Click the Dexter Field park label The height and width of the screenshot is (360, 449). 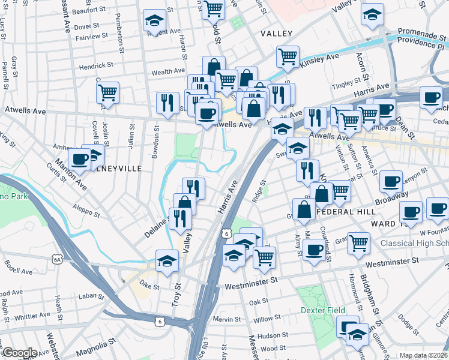pos(323,310)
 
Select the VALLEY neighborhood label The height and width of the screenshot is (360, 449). pos(276,34)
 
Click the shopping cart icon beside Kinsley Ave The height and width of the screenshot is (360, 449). pos(288,57)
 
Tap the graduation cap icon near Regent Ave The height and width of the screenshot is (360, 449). pos(154,21)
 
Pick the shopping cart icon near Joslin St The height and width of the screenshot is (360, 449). pos(107,93)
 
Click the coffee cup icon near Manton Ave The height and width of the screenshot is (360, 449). pos(79,160)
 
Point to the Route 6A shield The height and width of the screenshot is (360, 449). pos(57,259)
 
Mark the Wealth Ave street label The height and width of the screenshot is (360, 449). pos(168,71)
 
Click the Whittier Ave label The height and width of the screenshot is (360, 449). pos(32,316)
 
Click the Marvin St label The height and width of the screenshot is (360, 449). pos(230,319)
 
